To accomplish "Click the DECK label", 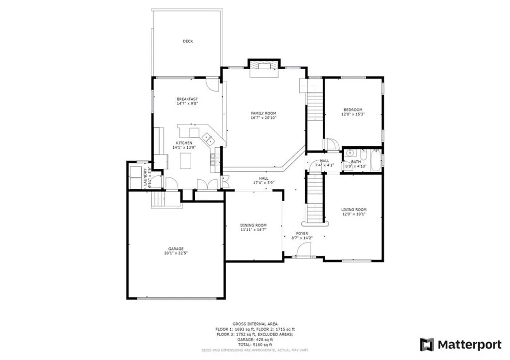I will point(187,41).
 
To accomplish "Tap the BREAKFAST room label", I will point(187,99).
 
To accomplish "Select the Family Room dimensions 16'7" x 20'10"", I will point(263,118).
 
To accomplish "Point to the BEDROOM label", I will point(353,110).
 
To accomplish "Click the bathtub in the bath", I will point(376,160).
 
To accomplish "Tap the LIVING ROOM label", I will point(354,210).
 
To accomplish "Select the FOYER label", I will point(302,233).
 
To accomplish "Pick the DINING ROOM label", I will point(254,225).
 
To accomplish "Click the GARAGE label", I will point(175,248).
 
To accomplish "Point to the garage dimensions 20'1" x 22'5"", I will point(175,253).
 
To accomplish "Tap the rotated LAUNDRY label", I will point(146,177).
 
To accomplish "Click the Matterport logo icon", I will point(427,344).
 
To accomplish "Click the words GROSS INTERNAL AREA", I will point(255,324).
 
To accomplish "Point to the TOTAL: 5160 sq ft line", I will point(255,345).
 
